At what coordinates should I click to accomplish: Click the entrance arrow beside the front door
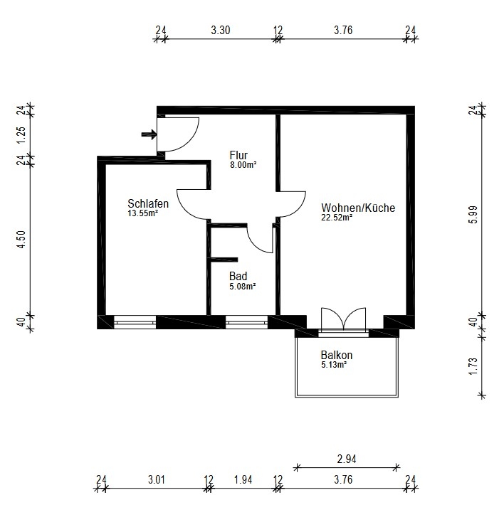click(149, 134)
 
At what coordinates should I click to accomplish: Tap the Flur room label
click(238, 155)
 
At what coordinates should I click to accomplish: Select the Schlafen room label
click(148, 203)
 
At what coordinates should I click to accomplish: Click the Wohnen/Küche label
click(358, 208)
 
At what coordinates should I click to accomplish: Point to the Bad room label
click(238, 276)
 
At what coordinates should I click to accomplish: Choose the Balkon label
click(337, 355)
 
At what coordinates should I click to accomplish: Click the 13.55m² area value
click(143, 213)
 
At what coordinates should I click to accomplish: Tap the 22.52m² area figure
click(337, 218)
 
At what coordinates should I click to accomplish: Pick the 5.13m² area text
click(334, 365)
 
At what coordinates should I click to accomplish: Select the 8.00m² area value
click(243, 164)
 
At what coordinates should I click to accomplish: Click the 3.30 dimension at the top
click(221, 31)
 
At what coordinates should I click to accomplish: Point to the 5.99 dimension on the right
click(473, 215)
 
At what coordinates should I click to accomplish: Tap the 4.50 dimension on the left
click(21, 240)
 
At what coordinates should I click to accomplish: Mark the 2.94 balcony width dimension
click(347, 459)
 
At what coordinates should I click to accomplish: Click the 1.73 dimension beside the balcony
click(473, 366)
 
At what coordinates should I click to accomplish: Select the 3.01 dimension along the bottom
click(157, 479)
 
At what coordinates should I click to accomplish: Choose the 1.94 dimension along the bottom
click(243, 479)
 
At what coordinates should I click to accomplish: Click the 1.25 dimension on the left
click(21, 135)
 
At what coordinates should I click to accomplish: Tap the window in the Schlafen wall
click(135, 322)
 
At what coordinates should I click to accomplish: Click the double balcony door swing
click(344, 319)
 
